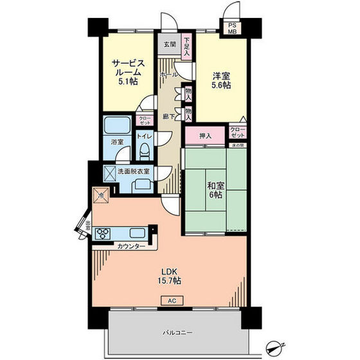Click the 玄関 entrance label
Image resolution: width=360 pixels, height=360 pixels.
coord(168,45)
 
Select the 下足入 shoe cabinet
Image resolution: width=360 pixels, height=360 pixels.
coord(186,46)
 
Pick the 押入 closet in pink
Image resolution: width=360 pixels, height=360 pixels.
coord(205,136)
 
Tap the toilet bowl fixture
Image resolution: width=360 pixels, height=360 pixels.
coord(145,152)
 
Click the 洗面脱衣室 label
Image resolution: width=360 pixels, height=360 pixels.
coord(134,171)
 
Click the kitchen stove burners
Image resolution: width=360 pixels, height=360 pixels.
coord(103,233)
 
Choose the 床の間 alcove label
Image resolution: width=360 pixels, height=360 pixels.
coord(237,145)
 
